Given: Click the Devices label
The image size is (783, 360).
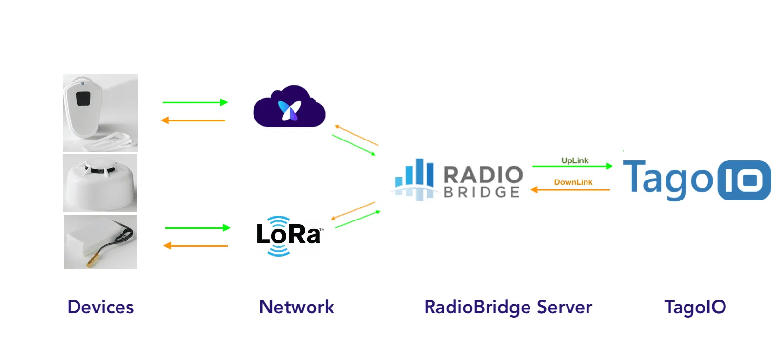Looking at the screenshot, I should point(100,307).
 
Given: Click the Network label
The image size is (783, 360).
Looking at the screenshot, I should point(296,307).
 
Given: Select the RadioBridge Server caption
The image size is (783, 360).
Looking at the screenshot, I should point(508,307).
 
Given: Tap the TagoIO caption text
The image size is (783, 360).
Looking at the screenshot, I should point(695,307).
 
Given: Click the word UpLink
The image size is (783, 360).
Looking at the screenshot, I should point(574,160).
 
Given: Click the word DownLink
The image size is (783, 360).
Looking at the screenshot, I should point(573,182).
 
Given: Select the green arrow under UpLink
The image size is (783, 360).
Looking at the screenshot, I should point(571,166).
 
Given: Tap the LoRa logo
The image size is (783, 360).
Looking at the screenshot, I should point(288,235).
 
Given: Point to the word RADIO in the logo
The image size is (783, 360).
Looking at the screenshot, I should point(483,175).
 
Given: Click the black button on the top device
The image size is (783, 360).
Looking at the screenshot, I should point(83,99).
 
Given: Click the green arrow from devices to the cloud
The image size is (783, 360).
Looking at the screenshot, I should point(195,102).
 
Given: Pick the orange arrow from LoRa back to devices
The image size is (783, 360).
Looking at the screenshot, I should point(195,246).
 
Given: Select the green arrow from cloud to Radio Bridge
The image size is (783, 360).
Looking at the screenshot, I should point(353,145).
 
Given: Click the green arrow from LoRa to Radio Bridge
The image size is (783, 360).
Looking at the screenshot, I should point(357,220).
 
